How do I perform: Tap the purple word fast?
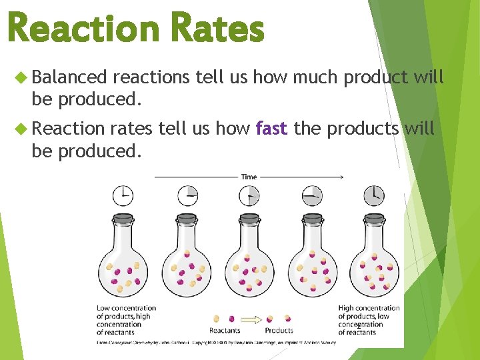271,128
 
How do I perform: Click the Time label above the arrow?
249,177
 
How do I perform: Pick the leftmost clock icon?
123,195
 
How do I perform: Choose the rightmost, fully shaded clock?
374,195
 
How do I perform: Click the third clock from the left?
249,195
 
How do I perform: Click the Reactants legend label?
225,330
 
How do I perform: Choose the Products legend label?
279,330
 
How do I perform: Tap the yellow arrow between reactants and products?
251,319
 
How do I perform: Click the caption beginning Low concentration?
126,320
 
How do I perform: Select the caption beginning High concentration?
368,320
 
